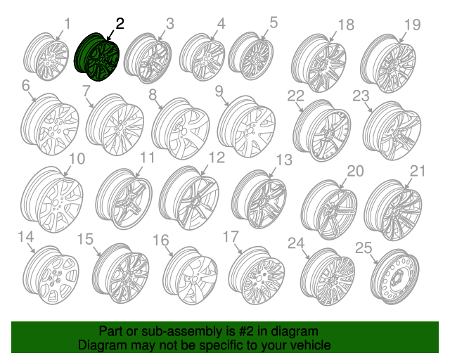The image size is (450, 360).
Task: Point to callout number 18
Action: coord(345,25)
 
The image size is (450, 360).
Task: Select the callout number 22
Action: coord(295,96)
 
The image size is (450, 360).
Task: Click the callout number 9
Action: coord(219,91)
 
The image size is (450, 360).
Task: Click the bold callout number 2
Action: coord(120,23)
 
